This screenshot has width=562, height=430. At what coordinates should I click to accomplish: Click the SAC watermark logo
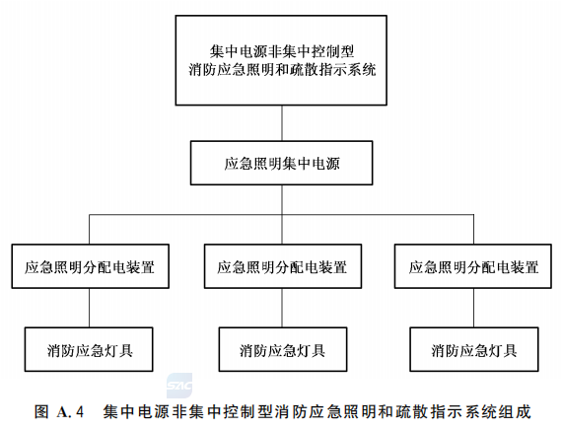pyautogui.click(x=179, y=386)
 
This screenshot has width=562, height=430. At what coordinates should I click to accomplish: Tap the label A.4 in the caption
pyautogui.click(x=70, y=411)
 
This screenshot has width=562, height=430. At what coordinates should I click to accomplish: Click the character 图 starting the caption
pyautogui.click(x=41, y=411)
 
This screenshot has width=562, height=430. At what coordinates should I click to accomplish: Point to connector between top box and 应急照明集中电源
pyautogui.click(x=282, y=123)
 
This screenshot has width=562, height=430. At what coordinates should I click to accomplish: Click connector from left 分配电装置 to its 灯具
pyautogui.click(x=90, y=308)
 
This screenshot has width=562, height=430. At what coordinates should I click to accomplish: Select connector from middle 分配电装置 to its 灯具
pyautogui.click(x=282, y=308)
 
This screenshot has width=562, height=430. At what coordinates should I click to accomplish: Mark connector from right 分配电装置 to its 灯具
pyautogui.click(x=474, y=308)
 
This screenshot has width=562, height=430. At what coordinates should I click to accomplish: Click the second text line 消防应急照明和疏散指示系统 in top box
pyautogui.click(x=282, y=69)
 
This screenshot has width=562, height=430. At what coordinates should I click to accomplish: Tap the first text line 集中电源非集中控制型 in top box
pyautogui.click(x=282, y=51)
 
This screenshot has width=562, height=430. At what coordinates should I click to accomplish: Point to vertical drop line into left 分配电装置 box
pyautogui.click(x=90, y=230)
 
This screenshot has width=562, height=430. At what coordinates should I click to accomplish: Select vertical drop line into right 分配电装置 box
pyautogui.click(x=474, y=230)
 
